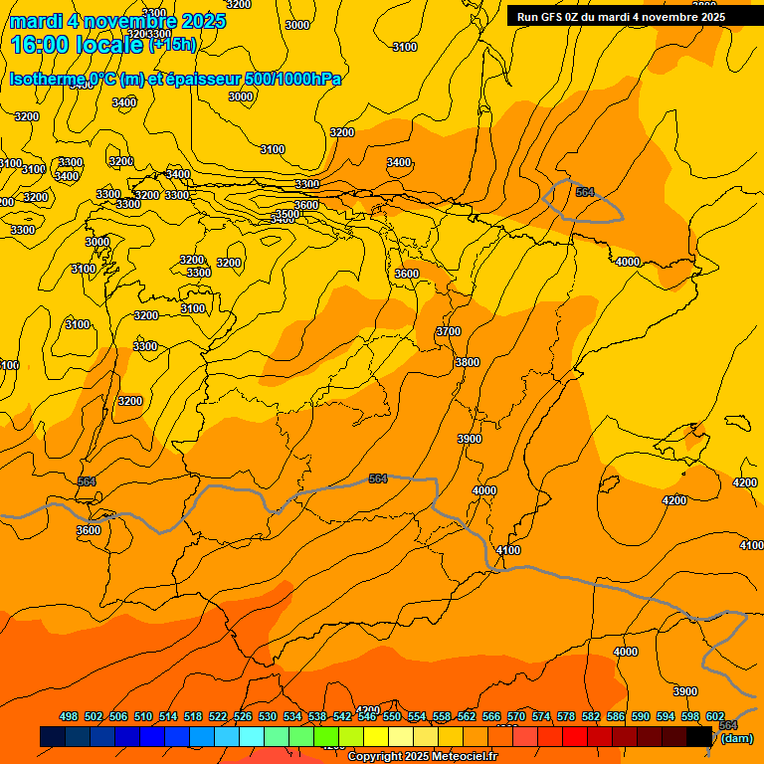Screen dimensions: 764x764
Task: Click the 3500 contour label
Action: click(287, 214)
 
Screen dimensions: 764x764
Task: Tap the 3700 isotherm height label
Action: click(449, 331)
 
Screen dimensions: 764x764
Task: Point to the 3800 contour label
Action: click(468, 362)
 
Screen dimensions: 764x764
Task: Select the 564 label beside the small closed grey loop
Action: click(585, 192)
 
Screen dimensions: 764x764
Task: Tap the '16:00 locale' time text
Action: click(77, 45)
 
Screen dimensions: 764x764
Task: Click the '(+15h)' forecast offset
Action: click(172, 44)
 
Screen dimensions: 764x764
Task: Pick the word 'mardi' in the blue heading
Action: click(36, 21)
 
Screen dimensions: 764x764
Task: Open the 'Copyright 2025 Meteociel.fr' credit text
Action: click(422, 757)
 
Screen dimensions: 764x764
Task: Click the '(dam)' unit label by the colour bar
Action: click(736, 738)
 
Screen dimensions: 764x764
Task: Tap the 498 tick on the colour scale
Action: click(69, 716)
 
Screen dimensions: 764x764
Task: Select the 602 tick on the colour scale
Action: click(715, 716)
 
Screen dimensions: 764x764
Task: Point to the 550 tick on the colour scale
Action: click(392, 716)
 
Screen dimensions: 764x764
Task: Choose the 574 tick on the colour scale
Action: click(541, 716)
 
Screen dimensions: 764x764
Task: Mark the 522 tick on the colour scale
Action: click(218, 716)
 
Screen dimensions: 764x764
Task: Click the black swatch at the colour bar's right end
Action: click(700, 736)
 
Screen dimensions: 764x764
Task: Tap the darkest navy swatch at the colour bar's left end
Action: click(53, 736)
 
